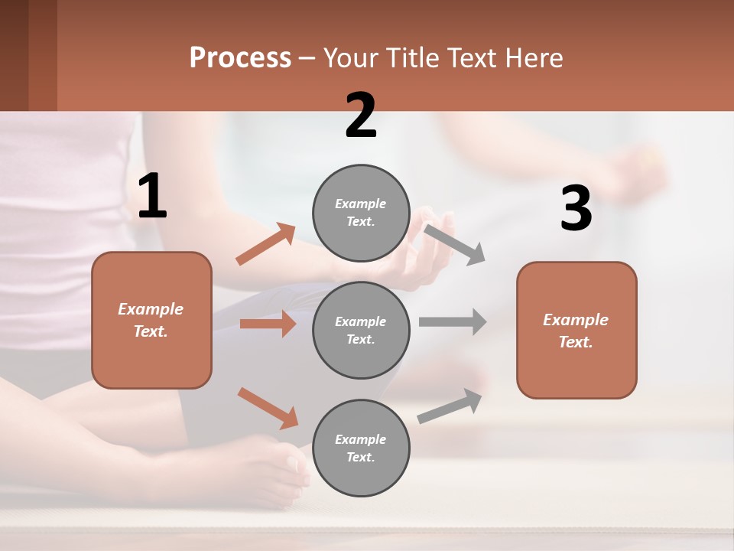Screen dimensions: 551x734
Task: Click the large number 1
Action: pos(152,197)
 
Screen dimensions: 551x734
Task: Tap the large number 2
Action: pos(361,116)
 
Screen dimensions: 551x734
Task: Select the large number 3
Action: pos(576,209)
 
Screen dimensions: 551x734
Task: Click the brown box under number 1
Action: pos(151,320)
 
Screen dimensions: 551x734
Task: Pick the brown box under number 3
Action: pos(576,330)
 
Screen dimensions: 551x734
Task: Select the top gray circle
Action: pos(361,213)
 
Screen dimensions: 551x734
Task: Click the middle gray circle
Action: pos(361,330)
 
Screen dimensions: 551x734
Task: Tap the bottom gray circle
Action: pos(361,448)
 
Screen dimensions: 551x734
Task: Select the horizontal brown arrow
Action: pos(268,324)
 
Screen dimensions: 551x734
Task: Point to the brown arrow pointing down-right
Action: pos(268,408)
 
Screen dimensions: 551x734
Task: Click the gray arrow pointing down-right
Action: pos(455,244)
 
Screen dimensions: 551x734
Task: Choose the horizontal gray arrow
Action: pos(453,321)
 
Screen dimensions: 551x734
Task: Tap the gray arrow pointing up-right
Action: pos(450,406)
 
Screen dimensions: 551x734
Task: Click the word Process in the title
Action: pos(240,57)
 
